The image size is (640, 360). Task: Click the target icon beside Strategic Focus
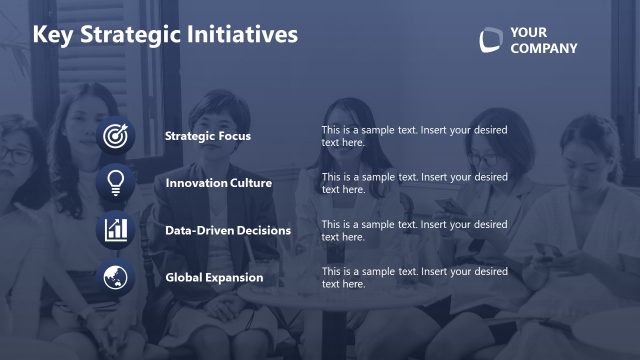tap(116, 135)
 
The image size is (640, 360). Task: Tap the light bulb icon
tap(116, 182)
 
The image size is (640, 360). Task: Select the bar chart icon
tap(116, 229)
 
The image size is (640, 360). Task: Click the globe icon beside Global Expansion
tap(116, 276)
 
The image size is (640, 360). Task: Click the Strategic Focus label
tap(208, 136)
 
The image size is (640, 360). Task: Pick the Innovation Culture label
tap(218, 183)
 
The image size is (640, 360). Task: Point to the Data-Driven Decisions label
tap(228, 230)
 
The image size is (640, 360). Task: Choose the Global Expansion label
tap(214, 277)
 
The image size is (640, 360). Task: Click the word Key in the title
tap(51, 35)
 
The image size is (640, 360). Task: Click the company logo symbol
tap(490, 40)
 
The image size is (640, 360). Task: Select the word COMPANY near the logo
tap(543, 49)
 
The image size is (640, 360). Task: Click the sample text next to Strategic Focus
tap(414, 136)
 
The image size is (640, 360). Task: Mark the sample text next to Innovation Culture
tap(414, 183)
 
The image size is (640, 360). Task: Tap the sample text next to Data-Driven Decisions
tap(414, 230)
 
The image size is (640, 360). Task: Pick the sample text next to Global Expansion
tap(414, 277)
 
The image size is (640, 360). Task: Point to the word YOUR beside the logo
tap(528, 32)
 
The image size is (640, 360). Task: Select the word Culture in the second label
tap(248, 183)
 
